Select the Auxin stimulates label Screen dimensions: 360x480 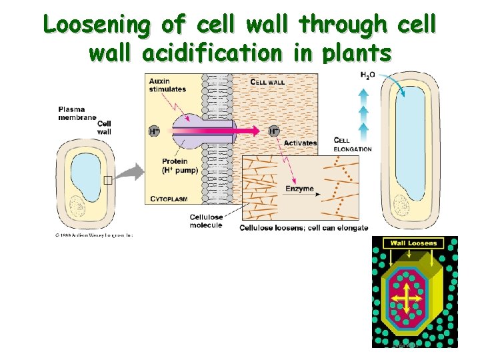tap(167, 85)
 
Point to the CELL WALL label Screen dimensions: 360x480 tap(267, 82)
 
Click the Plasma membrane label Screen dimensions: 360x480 tap(71, 113)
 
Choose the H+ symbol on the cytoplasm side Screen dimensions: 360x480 tap(154, 131)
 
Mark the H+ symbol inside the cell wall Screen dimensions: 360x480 tap(274, 131)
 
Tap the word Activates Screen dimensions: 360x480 tap(300, 143)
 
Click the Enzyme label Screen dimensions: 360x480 tap(299, 189)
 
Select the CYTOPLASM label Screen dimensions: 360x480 tap(169, 199)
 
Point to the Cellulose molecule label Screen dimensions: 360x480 tap(206, 221)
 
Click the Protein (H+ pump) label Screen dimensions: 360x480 tap(174, 166)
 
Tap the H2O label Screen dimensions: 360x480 tap(367, 75)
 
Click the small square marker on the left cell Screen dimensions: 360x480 tap(108, 179)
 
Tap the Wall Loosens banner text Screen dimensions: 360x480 tap(413, 243)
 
